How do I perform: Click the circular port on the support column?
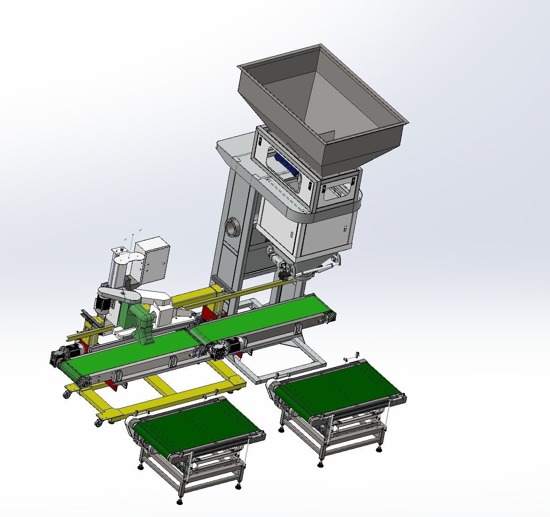pos(232,227)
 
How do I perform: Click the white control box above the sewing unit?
pos(152,259)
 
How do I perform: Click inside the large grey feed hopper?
pos(321,100)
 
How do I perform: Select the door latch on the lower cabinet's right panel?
pos(344,228)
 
